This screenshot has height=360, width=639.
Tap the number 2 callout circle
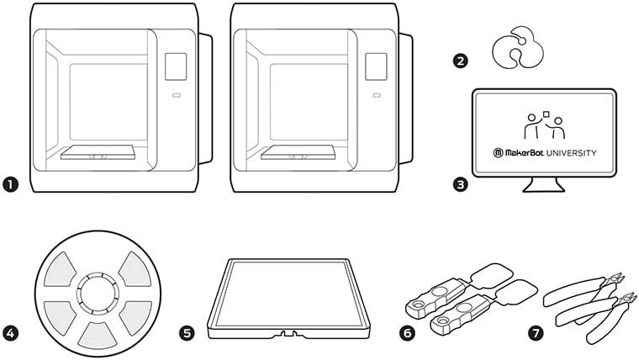[460, 61]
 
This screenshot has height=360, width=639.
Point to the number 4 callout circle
[11, 333]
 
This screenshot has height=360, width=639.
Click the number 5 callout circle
[187, 333]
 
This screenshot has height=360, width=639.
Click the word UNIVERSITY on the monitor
[568, 153]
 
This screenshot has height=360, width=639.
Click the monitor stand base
[544, 188]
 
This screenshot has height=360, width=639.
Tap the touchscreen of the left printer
[176, 67]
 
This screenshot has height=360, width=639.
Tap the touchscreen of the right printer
[377, 67]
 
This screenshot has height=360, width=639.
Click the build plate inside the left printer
[98, 153]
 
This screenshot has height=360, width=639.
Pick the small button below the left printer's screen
[177, 96]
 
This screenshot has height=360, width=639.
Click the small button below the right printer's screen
[378, 96]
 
